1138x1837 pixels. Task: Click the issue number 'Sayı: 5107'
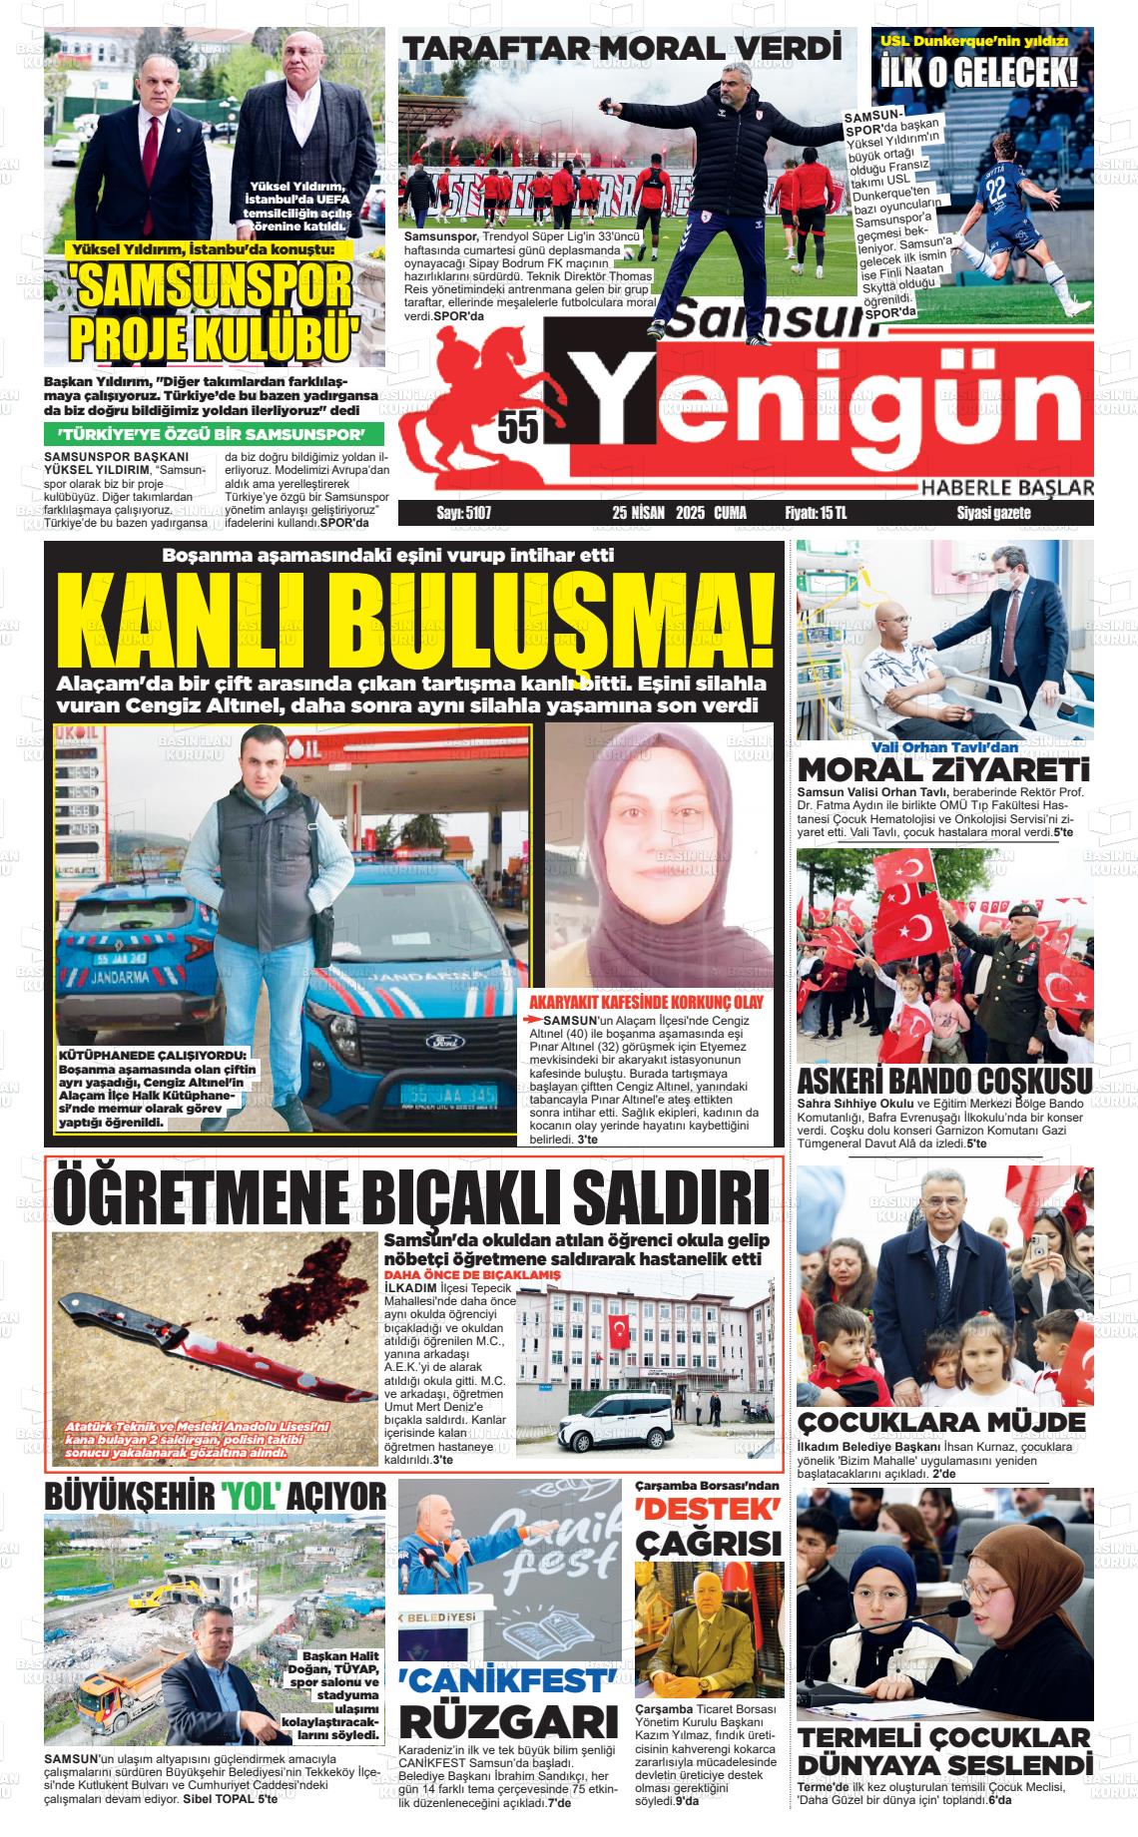[x=464, y=513]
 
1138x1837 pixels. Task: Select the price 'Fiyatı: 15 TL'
[x=816, y=513]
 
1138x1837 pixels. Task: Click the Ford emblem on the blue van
[x=439, y=1042]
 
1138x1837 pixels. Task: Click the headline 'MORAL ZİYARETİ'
[x=943, y=771]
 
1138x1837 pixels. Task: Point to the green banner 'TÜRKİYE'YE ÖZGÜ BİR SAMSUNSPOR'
[x=213, y=435]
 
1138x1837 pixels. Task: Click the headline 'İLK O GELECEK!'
[x=979, y=73]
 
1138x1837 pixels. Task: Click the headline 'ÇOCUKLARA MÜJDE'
[x=941, y=1422]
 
